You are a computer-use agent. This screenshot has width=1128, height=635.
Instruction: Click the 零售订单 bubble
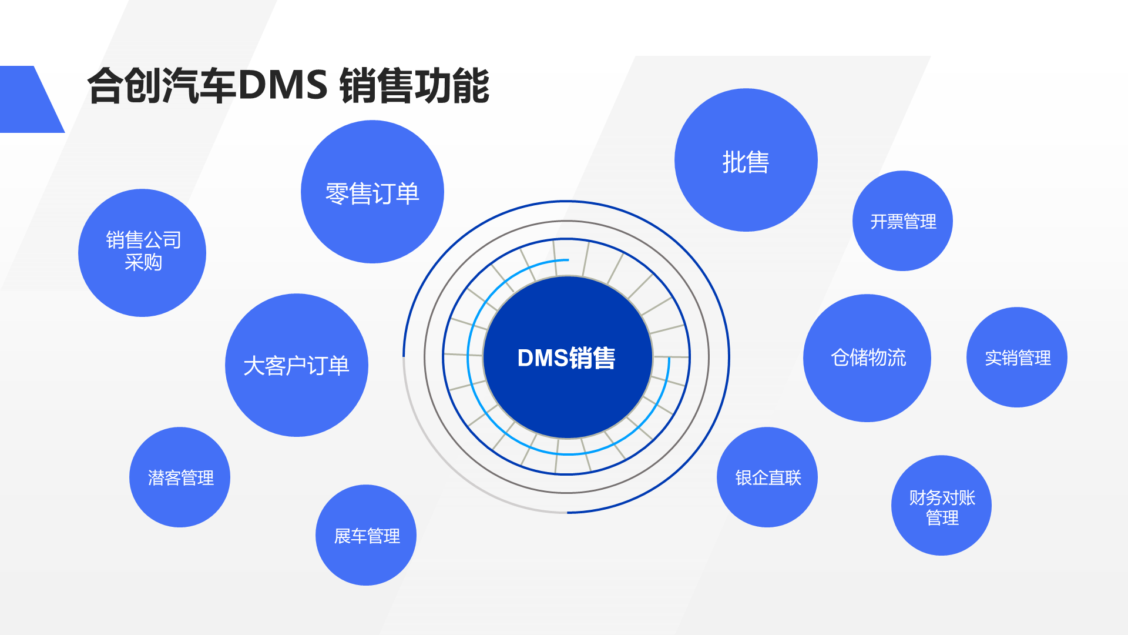(x=372, y=192)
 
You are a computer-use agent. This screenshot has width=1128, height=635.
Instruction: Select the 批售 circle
(x=746, y=161)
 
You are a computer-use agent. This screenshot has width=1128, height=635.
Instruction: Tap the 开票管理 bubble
(x=902, y=221)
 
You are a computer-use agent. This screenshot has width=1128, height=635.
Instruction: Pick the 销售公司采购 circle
(x=142, y=253)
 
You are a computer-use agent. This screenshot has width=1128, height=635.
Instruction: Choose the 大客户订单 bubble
(x=296, y=365)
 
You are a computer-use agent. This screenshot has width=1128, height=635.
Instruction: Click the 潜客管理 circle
(x=180, y=477)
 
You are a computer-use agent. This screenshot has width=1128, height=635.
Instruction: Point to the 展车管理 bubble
(x=366, y=535)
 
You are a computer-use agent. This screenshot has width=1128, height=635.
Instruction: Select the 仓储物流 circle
(x=867, y=357)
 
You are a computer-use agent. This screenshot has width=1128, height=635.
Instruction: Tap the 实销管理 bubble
(x=1017, y=357)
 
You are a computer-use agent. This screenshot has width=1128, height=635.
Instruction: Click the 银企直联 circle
(x=767, y=477)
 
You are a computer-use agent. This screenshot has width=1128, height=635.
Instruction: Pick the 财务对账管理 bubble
(x=941, y=506)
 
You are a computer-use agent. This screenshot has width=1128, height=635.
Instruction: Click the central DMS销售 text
(x=566, y=358)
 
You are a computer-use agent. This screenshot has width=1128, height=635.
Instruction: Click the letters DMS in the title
(x=283, y=85)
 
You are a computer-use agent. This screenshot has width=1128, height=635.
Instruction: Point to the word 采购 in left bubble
(x=143, y=263)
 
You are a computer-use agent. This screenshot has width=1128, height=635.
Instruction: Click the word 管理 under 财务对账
(x=942, y=518)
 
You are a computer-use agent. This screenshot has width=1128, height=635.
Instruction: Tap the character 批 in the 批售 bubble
(x=733, y=162)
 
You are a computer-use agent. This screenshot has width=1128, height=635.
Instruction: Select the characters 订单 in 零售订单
(x=396, y=193)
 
